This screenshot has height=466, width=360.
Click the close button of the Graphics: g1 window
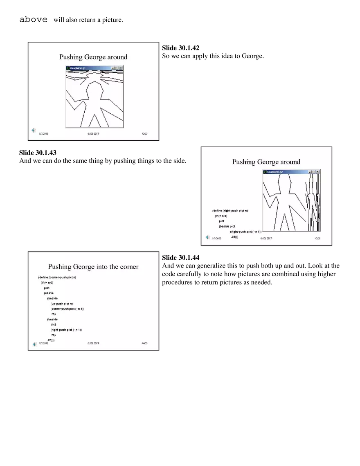(x=121, y=68)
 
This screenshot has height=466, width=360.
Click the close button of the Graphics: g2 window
(x=317, y=172)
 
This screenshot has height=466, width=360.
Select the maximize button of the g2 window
(x=313, y=172)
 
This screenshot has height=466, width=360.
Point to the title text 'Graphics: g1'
(x=78, y=68)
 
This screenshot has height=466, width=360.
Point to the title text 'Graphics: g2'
(x=275, y=172)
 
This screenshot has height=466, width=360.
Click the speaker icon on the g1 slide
(x=34, y=131)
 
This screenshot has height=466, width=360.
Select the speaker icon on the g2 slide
(x=207, y=237)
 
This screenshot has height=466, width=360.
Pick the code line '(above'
(x=49, y=293)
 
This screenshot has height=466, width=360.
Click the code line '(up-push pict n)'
(x=61, y=304)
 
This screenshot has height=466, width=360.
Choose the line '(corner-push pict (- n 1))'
(x=67, y=309)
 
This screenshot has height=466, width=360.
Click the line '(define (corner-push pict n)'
(x=57, y=277)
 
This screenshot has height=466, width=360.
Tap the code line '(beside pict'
(x=227, y=226)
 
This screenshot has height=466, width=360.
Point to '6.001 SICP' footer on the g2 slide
(x=266, y=238)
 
